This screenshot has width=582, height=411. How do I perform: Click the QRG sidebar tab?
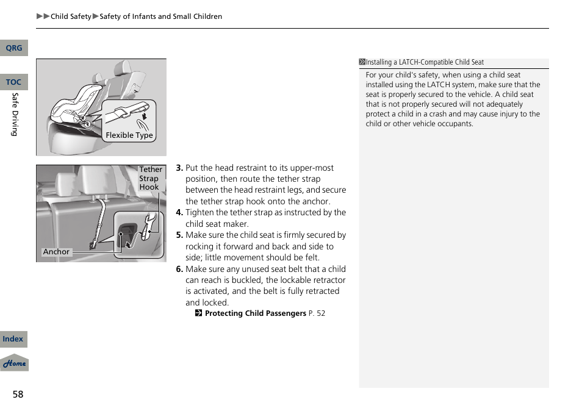[x=13, y=48]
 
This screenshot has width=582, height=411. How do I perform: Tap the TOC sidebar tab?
[x=13, y=82]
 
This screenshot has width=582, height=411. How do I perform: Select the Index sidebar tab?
[x=13, y=339]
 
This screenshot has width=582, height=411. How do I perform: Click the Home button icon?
[x=14, y=363]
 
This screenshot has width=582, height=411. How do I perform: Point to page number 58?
[x=18, y=395]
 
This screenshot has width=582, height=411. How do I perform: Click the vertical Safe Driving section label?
[x=15, y=115]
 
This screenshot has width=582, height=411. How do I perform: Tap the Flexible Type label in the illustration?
[x=129, y=135]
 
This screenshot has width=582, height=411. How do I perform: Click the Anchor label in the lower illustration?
[x=56, y=252]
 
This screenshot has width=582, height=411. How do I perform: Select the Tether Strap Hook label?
[x=150, y=178]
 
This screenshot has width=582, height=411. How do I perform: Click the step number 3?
[x=179, y=168]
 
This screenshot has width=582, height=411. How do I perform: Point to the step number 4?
[x=179, y=213]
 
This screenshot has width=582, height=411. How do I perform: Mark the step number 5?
[x=179, y=235]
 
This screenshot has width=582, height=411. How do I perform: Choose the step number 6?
[x=179, y=270]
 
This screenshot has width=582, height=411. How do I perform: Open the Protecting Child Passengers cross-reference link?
[x=255, y=313]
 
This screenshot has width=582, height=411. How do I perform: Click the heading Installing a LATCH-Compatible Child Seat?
[x=424, y=62]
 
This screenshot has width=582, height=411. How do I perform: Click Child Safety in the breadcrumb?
[x=71, y=16]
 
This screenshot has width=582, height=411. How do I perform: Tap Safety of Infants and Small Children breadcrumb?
[x=160, y=16]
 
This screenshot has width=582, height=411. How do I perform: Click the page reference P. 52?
[x=317, y=313]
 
